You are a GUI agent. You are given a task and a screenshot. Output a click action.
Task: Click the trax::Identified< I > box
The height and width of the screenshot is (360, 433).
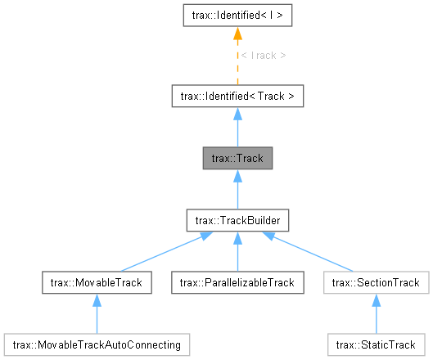pyautogui.click(x=237, y=15)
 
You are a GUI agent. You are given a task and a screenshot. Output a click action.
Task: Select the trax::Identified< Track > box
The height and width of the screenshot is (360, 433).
pyautogui.click(x=237, y=97)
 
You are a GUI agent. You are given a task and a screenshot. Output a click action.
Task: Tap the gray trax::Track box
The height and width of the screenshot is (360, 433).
pyautogui.click(x=237, y=158)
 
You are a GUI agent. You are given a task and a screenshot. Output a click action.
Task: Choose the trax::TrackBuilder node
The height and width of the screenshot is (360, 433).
pyautogui.click(x=237, y=220)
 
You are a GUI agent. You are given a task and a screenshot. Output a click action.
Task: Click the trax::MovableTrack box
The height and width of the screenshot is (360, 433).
pyautogui.click(x=97, y=282)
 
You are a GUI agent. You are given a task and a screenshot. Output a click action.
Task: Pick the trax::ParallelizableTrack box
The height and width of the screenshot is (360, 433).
pyautogui.click(x=237, y=282)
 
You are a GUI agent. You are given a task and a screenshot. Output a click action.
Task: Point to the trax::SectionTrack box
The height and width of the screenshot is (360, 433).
pyautogui.click(x=377, y=282)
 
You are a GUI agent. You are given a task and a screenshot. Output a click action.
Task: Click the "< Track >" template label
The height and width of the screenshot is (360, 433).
pyautogui.click(x=264, y=56)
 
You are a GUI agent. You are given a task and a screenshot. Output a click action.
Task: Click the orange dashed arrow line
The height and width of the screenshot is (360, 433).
pyautogui.click(x=237, y=65)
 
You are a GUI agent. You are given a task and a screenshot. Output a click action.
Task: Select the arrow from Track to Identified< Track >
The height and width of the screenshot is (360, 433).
pyautogui.click(x=237, y=131)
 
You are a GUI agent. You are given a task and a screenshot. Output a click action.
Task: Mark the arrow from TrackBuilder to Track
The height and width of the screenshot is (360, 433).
pyautogui.click(x=237, y=192)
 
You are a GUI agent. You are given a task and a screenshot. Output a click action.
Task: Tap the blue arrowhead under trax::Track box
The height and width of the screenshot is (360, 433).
pyautogui.click(x=237, y=177)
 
